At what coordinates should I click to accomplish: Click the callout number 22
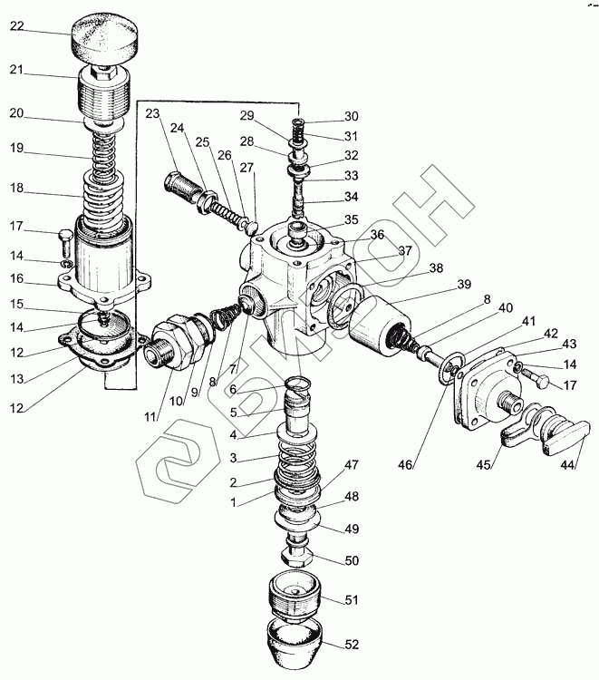tap(17, 25)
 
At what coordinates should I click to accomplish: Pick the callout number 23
tap(151, 113)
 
